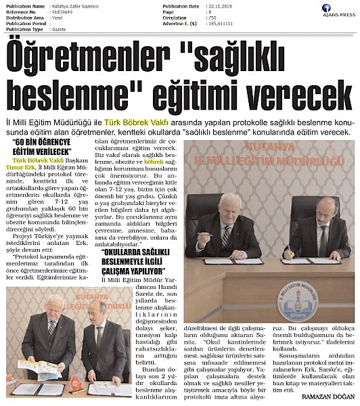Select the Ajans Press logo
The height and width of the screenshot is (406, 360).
point(338,11)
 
